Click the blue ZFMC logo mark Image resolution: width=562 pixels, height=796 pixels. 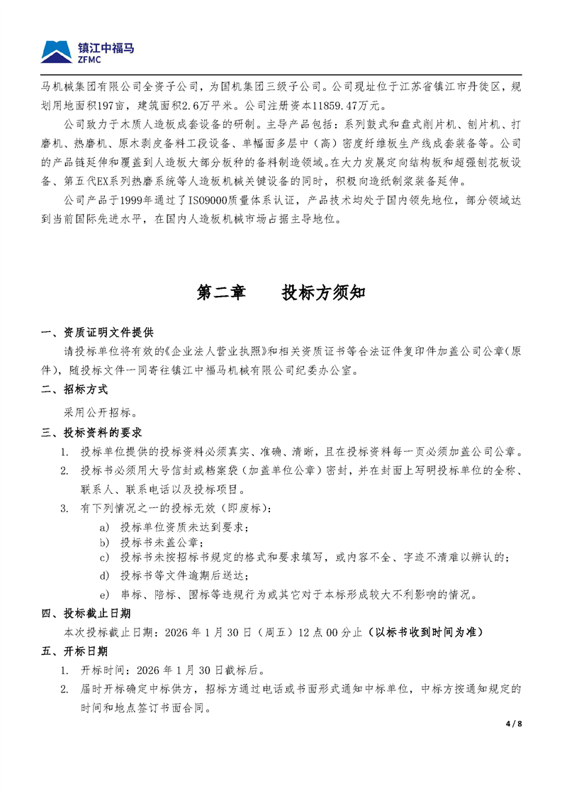[57, 52]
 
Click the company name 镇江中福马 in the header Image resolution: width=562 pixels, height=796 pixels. [106, 48]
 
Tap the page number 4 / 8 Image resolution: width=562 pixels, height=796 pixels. [513, 724]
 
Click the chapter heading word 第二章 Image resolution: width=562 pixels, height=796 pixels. [220, 292]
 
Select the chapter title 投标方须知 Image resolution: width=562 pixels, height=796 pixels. [322, 292]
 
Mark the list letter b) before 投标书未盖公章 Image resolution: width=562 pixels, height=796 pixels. [105, 543]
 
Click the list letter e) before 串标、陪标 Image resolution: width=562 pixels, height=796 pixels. [105, 594]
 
